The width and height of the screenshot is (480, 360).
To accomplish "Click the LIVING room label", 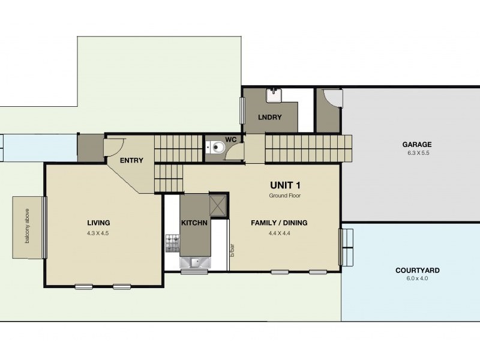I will pos(98,223).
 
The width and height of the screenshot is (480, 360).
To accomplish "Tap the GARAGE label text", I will pos(417,145).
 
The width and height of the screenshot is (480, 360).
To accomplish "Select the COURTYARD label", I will pos(418,270).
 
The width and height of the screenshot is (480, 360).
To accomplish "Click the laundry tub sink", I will pos(274,94).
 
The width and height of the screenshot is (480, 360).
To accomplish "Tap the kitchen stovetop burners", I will pos(173,242).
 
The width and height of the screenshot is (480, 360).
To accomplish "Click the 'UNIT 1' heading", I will pos(285,185).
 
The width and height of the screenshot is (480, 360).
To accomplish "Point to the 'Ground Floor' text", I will pos(285,196).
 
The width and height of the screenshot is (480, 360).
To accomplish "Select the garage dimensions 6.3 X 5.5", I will pos(417,154).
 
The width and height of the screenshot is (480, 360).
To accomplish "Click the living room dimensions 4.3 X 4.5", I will pos(98,233).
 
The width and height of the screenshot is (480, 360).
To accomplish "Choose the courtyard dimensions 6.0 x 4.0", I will pos(418,279).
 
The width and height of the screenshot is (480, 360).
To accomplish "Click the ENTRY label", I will pos(130,160).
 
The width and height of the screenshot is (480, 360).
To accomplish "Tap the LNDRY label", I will pos(269,118).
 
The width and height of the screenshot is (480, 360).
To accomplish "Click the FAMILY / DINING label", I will pos(279,223).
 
